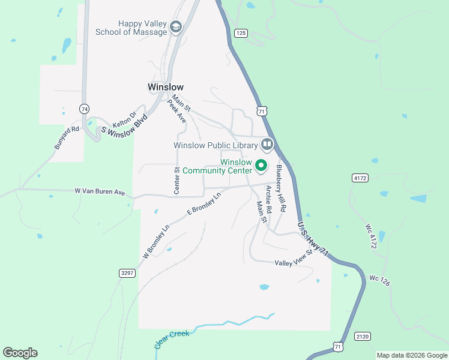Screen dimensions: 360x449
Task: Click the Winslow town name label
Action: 165,87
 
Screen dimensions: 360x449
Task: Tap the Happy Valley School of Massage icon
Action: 176,28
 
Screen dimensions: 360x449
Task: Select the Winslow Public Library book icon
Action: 267,145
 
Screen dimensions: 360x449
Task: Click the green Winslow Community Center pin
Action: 261,165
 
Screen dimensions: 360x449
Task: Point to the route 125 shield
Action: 241,33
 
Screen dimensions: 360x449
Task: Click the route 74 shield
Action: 84,109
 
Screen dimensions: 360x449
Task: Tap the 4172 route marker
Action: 360,178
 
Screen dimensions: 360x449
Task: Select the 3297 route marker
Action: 127,273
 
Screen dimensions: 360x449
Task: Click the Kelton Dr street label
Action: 125,118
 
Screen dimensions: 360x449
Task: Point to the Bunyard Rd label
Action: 67,137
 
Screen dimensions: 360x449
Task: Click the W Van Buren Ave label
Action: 100,191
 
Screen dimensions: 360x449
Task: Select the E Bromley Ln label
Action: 204,203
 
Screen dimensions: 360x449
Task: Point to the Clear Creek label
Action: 172,338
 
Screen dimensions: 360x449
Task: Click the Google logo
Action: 20,353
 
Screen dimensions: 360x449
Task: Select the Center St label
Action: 177,181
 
